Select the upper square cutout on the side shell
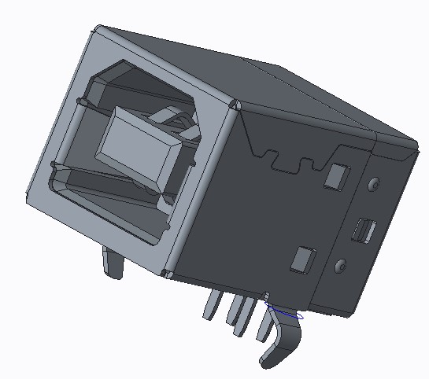(338, 176)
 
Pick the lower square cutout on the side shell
(302, 259)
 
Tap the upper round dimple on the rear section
(374, 185)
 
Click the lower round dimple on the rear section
(342, 266)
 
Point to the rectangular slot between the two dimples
(364, 230)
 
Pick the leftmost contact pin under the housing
(211, 305)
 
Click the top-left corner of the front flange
(97, 31)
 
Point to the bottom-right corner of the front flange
(168, 274)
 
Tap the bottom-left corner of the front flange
(30, 200)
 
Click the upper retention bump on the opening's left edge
(82, 103)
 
